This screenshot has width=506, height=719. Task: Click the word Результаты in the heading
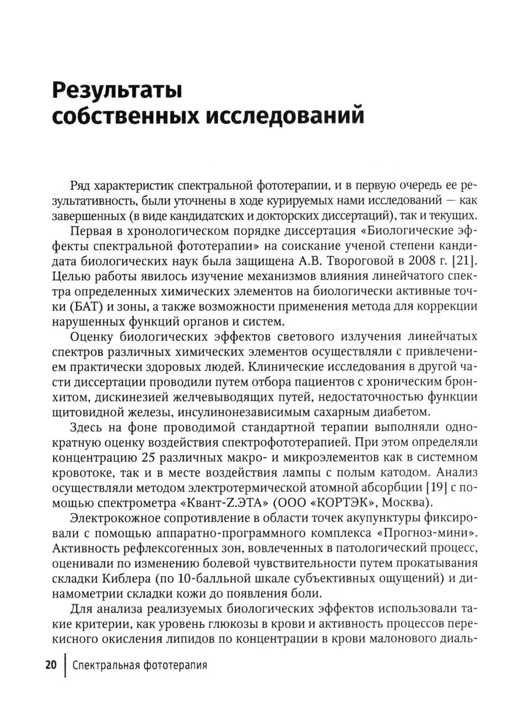coord(117,91)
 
